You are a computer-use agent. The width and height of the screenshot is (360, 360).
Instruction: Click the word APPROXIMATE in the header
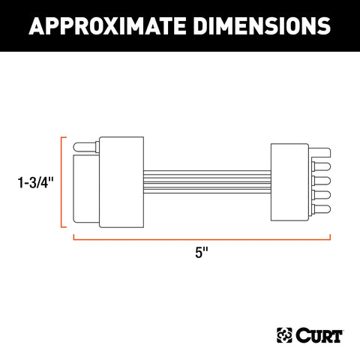point(112,27)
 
